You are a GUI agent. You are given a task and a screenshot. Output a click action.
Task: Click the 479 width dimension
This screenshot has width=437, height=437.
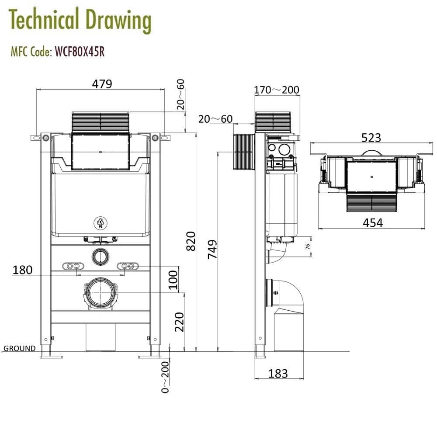(x=101, y=83)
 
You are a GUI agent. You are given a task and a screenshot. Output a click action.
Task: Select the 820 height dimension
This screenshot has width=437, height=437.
(x=191, y=241)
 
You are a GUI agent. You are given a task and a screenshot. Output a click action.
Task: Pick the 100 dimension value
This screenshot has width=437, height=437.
(x=173, y=280)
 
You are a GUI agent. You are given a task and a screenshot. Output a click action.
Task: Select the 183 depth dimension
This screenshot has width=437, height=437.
(x=278, y=374)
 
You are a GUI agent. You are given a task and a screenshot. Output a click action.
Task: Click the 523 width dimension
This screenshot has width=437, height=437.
(x=371, y=138)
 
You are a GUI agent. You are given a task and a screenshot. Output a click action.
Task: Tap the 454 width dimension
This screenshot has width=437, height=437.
(x=372, y=222)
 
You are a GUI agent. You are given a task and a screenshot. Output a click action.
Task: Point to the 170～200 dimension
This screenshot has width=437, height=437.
(x=277, y=90)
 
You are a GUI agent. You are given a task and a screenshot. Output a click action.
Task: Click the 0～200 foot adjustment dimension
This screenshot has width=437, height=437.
(x=165, y=377)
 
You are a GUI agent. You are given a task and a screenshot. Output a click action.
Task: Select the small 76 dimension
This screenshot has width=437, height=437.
(x=307, y=246)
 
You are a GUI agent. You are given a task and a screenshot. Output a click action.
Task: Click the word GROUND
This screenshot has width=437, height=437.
(x=20, y=348)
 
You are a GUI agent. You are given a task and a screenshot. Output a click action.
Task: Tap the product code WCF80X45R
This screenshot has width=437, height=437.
(x=79, y=52)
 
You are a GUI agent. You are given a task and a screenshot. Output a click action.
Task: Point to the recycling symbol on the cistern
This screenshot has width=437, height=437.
(x=101, y=222)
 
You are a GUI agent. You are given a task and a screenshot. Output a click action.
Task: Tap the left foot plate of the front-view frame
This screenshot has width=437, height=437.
(x=51, y=357)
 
